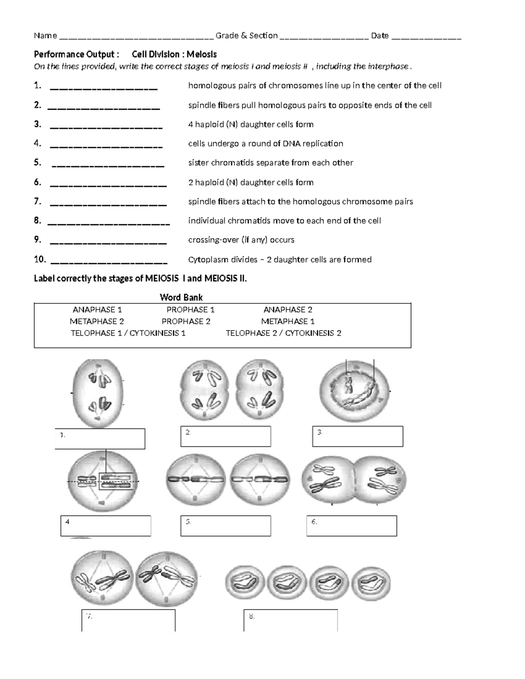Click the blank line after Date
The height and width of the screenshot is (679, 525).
coord(426,37)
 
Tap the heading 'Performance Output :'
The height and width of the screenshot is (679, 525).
coord(77,55)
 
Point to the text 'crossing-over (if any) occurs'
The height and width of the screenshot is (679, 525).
coord(241,240)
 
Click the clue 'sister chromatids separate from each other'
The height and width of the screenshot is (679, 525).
coord(270,163)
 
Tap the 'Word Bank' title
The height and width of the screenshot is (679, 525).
coord(181,298)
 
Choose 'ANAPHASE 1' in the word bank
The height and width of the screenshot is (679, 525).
coord(97,310)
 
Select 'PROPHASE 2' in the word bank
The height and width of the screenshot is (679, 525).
coord(186,321)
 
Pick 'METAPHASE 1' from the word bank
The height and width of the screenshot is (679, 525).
coord(287,321)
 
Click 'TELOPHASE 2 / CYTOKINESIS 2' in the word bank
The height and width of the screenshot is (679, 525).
coord(283,333)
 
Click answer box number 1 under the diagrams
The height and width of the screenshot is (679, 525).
coord(100,439)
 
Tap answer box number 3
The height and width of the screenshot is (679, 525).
coord(357,436)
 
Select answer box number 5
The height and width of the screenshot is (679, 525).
coord(225,526)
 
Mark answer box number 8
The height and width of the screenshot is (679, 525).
coord(290,620)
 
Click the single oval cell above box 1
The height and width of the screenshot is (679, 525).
coord(98,393)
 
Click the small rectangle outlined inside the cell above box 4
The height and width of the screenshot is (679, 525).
coord(116,481)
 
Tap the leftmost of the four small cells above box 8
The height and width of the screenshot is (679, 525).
coord(245,584)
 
